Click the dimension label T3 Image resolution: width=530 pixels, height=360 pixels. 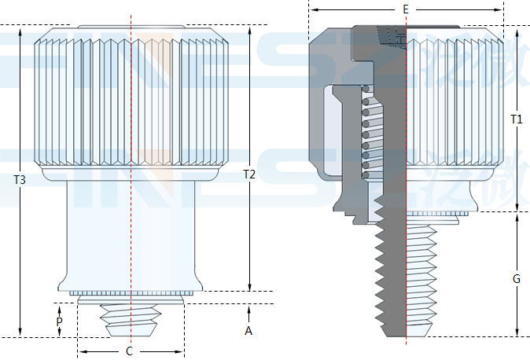(x=20, y=180)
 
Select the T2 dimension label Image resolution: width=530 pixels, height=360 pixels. (x=248, y=174)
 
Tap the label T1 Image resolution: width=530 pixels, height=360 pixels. (x=516, y=119)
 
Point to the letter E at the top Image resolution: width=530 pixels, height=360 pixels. (x=405, y=9)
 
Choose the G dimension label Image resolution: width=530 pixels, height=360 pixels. (x=516, y=279)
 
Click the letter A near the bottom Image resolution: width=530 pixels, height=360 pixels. (x=248, y=331)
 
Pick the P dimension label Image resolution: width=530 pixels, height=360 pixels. (x=59, y=322)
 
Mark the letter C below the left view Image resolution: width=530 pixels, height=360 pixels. (x=130, y=351)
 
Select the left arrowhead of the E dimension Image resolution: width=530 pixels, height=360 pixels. (x=312, y=9)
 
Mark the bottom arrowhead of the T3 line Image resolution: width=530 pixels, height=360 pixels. (x=20, y=333)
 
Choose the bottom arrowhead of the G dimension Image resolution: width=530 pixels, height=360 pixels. (x=517, y=333)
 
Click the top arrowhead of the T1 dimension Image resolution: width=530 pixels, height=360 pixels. (x=517, y=29)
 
